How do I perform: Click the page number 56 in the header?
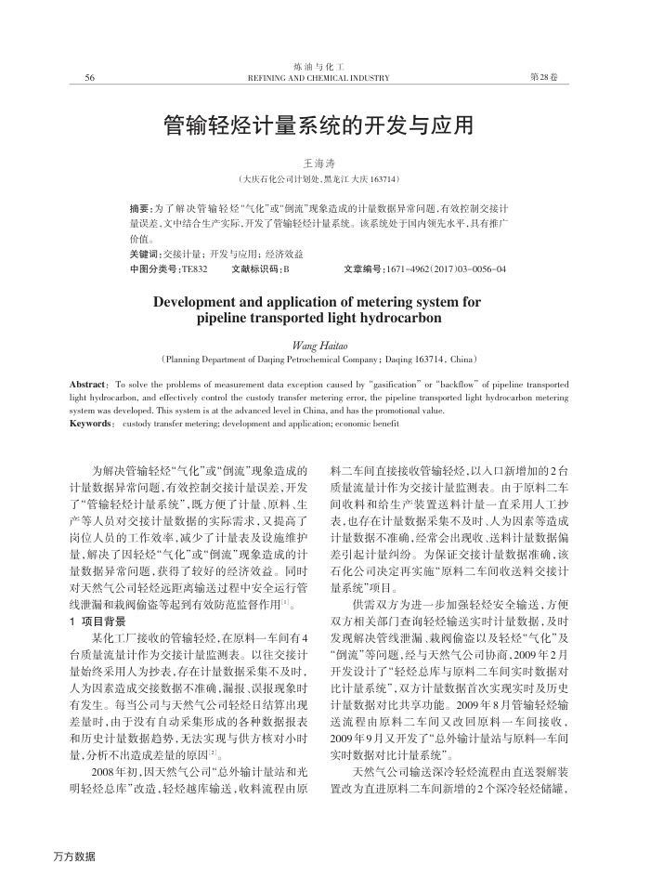point(90,77)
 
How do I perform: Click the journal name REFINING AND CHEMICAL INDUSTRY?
point(318,78)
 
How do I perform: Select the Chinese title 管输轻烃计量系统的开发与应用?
point(318,124)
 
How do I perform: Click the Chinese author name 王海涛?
point(318,162)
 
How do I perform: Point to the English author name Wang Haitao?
point(318,344)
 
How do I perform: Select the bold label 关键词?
point(145,254)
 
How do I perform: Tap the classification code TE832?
point(194,269)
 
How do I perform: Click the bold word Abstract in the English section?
point(89,384)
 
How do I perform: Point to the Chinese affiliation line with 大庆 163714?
point(318,178)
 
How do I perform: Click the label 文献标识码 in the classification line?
point(257,269)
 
